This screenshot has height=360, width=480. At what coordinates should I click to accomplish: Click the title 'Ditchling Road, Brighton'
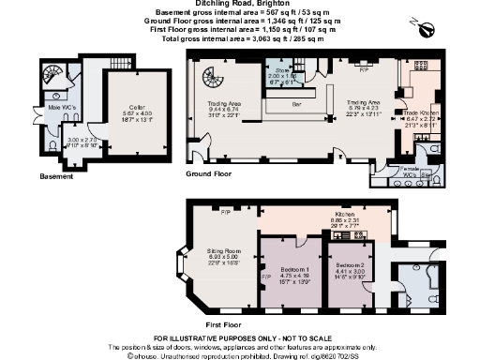[x=239, y=6]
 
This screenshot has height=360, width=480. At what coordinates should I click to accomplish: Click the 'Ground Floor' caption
[x=208, y=174]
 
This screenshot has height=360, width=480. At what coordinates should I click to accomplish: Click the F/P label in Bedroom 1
[x=265, y=277]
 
